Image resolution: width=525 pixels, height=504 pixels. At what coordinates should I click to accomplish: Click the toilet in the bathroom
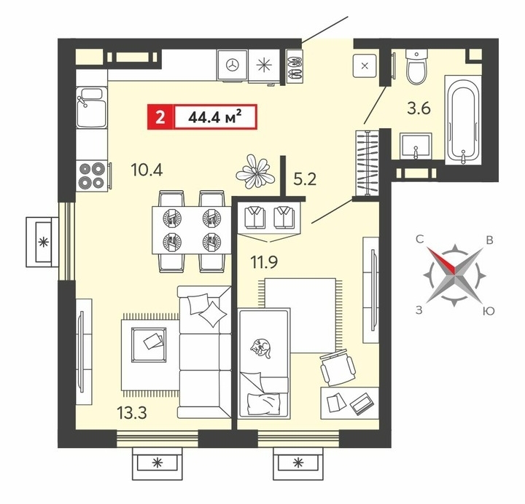416,66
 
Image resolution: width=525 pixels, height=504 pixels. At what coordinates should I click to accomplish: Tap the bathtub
463,119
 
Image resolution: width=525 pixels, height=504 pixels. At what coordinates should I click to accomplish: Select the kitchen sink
91,107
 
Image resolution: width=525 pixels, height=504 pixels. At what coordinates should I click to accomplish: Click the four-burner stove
92,176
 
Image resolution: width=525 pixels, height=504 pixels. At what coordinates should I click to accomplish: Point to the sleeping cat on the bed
260,348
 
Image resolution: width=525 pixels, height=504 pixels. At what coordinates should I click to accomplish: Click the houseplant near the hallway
255,171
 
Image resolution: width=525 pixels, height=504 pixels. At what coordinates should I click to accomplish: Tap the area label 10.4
147,170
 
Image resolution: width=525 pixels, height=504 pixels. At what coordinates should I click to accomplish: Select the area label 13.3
131,413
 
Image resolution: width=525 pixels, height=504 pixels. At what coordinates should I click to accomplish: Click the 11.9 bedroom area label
264,262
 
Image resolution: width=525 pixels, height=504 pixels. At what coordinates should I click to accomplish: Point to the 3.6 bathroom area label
419,109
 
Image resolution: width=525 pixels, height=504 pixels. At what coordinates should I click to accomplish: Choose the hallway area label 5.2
305,179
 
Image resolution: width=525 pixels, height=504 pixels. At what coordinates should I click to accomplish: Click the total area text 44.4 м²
215,117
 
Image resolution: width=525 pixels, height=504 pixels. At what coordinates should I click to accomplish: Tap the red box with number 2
160,117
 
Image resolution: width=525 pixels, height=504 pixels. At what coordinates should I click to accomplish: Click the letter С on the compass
420,239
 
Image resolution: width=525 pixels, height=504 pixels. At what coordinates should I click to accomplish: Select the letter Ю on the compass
489,311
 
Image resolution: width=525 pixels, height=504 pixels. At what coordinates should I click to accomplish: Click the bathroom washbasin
416,146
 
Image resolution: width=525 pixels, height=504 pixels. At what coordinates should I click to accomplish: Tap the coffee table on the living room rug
149,344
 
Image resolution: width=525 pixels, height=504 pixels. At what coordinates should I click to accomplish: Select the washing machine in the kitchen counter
233,66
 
